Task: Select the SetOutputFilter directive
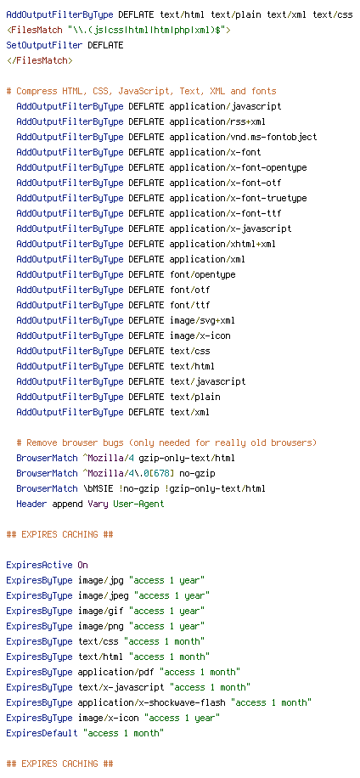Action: point(45,45)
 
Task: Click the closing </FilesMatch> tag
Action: point(40,60)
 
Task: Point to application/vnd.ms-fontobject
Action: point(243,137)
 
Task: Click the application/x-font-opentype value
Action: point(238,167)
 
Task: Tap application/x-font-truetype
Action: point(238,199)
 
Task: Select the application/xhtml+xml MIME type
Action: point(222,244)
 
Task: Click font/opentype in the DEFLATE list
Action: point(202,275)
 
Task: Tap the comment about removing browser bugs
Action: point(166,443)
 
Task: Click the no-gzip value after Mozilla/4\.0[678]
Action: point(197,473)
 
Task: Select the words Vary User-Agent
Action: point(126,505)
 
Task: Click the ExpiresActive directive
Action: point(40,565)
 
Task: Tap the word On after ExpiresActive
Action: point(83,565)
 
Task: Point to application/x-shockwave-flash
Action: point(155,703)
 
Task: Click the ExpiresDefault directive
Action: point(42,733)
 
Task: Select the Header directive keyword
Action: point(31,505)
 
